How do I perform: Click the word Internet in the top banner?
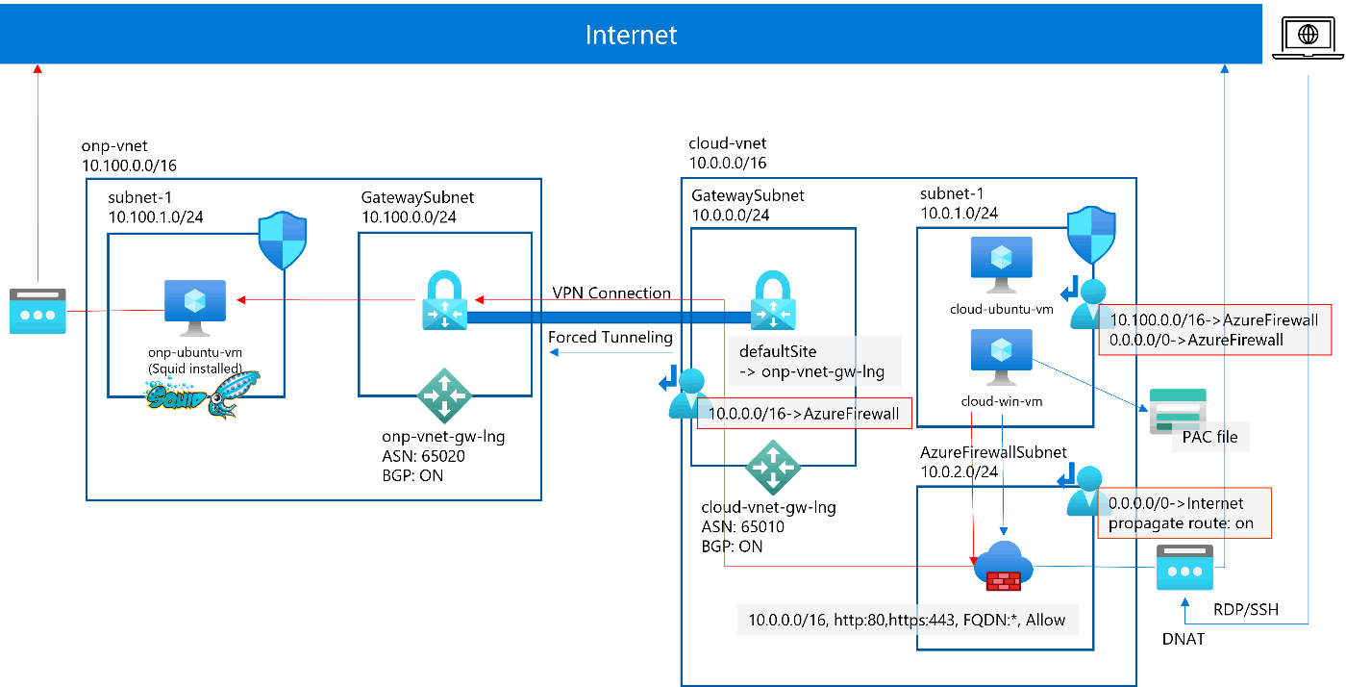coord(631,36)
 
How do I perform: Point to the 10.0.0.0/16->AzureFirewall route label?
coord(804,415)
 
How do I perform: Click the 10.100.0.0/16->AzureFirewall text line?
coord(1213,319)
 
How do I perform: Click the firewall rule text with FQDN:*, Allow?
coord(907,620)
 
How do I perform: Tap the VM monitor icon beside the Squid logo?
coord(195,307)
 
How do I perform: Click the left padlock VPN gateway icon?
coord(444,301)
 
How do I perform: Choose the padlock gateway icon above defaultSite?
coord(774,301)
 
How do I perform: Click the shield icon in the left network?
coord(283,241)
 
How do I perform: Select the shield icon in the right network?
coord(1091,234)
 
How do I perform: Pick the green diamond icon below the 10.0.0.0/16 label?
coord(773,467)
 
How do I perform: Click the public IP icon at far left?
coord(37,311)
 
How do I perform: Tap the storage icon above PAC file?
coord(1177,410)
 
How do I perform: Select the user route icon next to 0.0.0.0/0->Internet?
coord(1082,491)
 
